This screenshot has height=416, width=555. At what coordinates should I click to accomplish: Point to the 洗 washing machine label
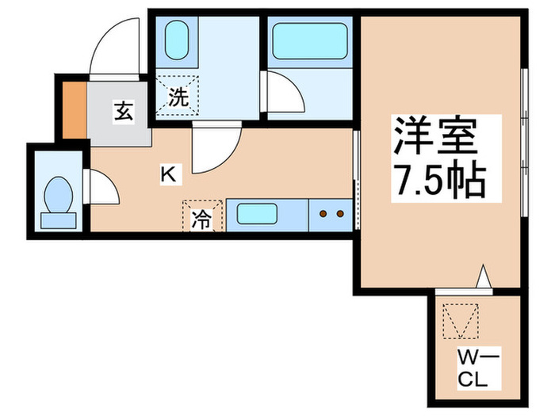178,98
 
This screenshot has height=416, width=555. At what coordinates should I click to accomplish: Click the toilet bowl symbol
57,195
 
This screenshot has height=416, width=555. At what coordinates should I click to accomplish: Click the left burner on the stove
323,213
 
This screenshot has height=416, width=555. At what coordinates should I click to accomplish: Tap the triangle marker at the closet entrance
484,278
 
